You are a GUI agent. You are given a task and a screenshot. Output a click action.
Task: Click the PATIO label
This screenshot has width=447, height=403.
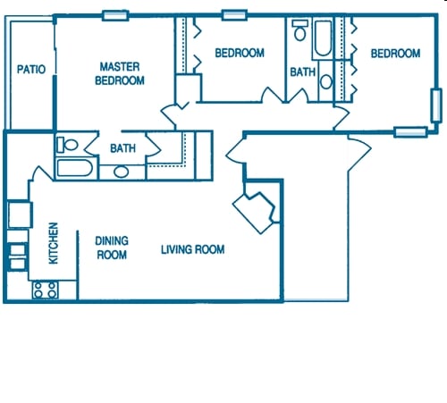(x=31, y=70)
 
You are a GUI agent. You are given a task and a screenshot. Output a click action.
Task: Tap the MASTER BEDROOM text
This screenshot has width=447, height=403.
(x=122, y=73)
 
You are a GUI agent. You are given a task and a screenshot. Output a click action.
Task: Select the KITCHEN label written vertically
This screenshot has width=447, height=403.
(x=53, y=243)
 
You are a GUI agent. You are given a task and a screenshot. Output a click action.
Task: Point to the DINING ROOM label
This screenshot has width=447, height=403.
(x=112, y=248)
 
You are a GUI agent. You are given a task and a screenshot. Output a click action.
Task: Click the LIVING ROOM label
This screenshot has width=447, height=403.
(x=192, y=249)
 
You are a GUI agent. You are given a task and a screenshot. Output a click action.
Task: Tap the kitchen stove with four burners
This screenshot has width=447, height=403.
(x=45, y=289)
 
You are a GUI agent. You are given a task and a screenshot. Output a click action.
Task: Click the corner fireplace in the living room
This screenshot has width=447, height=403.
(x=256, y=210)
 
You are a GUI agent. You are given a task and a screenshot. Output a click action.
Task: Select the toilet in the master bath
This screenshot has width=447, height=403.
(x=67, y=144)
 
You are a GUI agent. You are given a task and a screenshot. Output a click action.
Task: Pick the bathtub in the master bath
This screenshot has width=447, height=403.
(x=74, y=169)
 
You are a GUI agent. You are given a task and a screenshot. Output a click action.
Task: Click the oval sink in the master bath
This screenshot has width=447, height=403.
(x=121, y=170)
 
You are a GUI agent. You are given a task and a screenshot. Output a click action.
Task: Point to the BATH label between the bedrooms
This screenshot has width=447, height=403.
(x=301, y=72)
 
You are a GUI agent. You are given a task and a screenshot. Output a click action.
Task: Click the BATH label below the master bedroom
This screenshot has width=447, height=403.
(x=122, y=148)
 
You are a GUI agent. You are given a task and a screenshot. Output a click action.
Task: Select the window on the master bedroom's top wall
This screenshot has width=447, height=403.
(x=114, y=15)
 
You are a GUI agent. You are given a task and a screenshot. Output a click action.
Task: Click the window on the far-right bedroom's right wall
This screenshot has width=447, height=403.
(x=436, y=104)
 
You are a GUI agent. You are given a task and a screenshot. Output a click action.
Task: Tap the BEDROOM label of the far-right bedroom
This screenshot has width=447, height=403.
(x=395, y=54)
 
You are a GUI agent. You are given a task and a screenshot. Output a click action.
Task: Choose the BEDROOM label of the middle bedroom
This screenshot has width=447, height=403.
(x=240, y=54)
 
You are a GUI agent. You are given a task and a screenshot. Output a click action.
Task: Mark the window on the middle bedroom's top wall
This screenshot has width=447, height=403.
(x=234, y=15)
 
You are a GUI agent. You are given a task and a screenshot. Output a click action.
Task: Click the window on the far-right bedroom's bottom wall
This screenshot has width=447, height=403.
(x=409, y=132)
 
